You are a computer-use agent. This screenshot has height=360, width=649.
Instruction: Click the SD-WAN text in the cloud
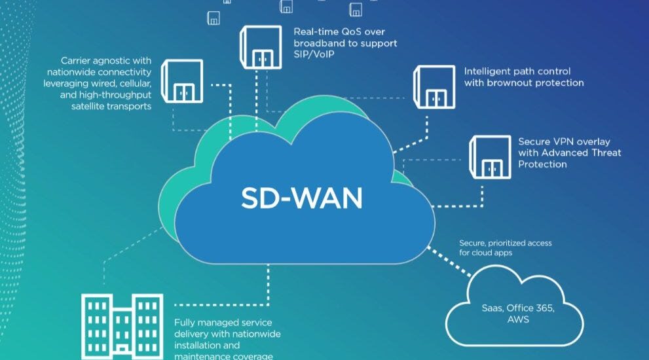[x=302, y=198]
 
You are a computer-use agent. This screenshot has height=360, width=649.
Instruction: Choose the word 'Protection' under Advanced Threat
[x=542, y=164]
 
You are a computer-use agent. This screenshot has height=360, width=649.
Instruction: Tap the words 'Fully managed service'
[x=223, y=323]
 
